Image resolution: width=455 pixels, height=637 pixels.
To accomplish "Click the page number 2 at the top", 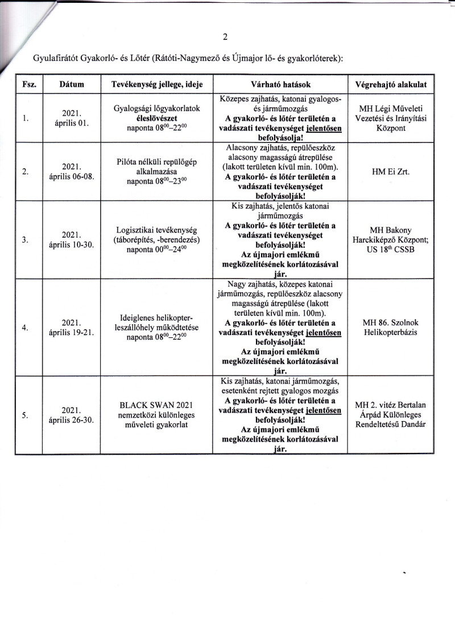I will (226, 37).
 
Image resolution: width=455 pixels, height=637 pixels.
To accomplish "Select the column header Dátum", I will (72, 84).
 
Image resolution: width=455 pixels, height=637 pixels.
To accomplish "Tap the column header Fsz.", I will (29, 84).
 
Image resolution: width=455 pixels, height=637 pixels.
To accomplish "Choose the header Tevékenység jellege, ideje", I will (158, 84).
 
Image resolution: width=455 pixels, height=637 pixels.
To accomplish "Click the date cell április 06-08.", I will (72, 175).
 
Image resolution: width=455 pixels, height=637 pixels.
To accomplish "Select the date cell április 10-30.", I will (72, 244).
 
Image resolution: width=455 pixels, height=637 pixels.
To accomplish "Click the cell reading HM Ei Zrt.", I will (390, 171).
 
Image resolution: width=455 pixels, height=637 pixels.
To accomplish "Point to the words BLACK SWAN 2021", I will (158, 405).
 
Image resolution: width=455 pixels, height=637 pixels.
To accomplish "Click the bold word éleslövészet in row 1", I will (158, 119).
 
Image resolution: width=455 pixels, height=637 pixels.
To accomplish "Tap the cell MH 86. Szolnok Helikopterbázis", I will (390, 328).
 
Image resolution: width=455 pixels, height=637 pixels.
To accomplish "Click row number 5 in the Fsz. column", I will (26, 415).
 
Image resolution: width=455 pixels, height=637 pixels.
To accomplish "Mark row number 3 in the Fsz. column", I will (26, 240).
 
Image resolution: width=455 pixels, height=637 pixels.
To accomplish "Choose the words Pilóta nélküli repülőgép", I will (158, 161).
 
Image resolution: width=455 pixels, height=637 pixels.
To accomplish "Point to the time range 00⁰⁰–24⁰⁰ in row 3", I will (170, 250).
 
